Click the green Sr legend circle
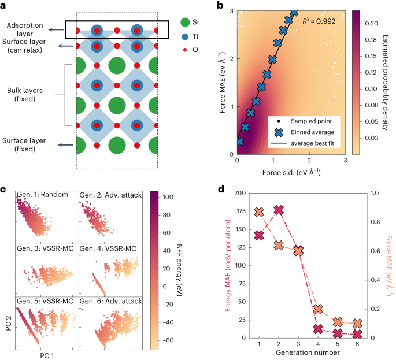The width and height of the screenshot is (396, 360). tap(184, 23)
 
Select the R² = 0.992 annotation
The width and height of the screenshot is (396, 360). tap(320, 21)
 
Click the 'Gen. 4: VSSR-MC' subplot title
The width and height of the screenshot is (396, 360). tap(106, 248)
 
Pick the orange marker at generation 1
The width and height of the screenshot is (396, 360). tap(259, 212)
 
